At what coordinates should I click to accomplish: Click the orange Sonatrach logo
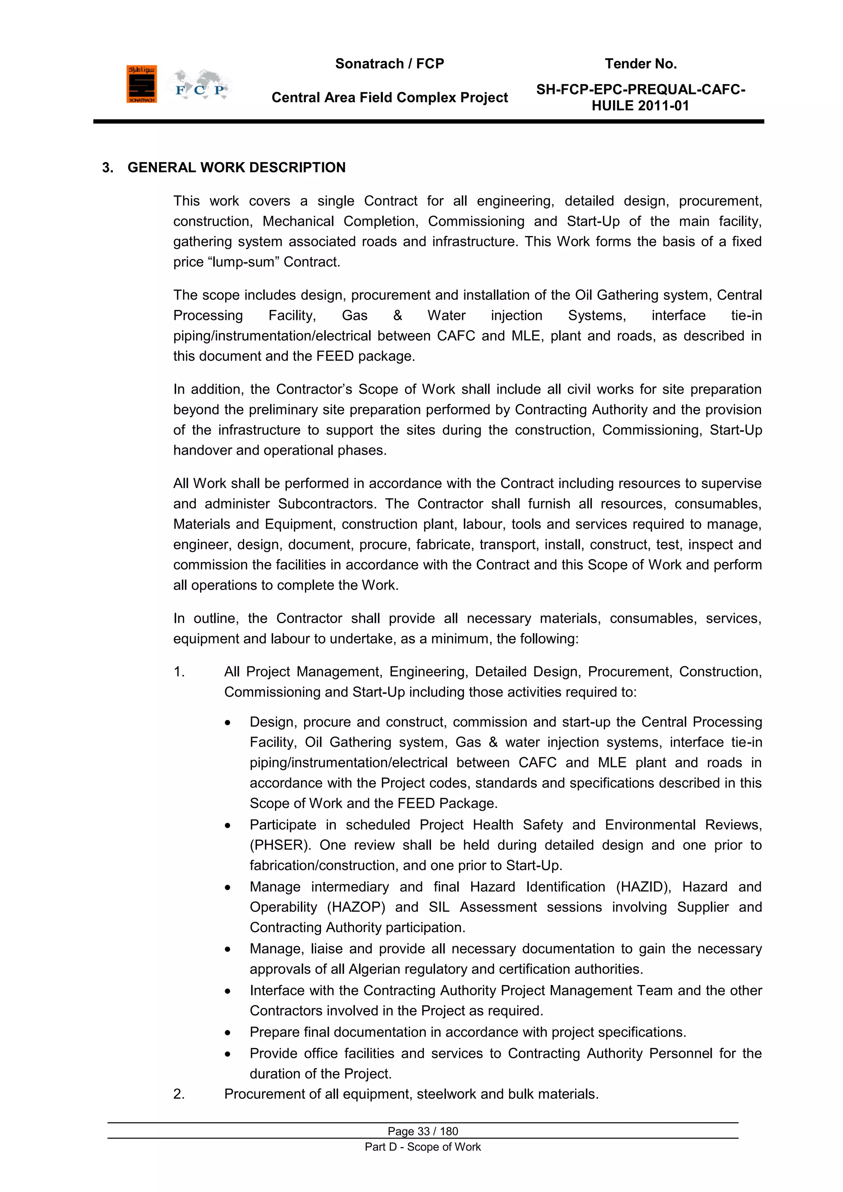(x=141, y=84)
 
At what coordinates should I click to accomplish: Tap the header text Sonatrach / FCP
(x=389, y=64)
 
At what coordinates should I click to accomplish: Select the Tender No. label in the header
(x=640, y=64)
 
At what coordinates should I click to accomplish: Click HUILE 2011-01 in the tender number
(x=640, y=106)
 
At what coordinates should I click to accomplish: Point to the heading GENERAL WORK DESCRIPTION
(x=236, y=168)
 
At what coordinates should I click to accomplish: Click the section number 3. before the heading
(x=107, y=168)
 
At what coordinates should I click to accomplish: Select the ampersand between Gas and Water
(x=397, y=316)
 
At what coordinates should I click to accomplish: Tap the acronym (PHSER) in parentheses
(x=280, y=845)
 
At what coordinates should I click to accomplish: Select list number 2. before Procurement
(x=179, y=1094)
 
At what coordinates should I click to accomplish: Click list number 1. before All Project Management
(x=179, y=672)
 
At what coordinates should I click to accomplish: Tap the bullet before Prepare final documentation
(x=227, y=1033)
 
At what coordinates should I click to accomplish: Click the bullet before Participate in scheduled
(x=227, y=826)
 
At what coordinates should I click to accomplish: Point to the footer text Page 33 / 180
(x=423, y=1131)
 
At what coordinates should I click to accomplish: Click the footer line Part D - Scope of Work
(x=423, y=1147)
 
